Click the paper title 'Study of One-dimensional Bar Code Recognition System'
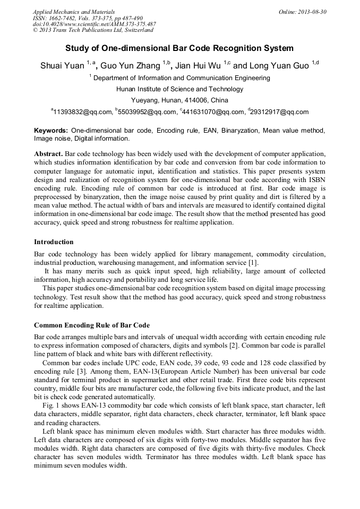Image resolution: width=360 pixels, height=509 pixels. pyautogui.click(x=179, y=48)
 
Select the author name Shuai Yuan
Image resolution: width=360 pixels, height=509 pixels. pyautogui.click(x=62, y=66)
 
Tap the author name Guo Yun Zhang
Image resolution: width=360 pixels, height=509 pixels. pyautogui.click(x=130, y=66)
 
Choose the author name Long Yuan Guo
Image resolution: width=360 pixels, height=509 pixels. pyautogui.click(x=279, y=66)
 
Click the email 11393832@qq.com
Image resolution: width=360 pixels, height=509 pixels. pyautogui.click(x=83, y=112)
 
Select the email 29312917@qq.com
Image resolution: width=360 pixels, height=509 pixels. pyautogui.click(x=279, y=112)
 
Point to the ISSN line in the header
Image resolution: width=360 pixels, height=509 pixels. pyautogui.click(x=88, y=18)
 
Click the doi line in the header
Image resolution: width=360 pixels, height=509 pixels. pyautogui.click(x=94, y=24)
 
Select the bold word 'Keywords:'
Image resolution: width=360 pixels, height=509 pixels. pyautogui.click(x=51, y=131)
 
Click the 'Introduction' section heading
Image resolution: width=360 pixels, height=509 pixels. pyautogui.click(x=54, y=242)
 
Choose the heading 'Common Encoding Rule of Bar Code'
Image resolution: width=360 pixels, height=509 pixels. pyautogui.click(x=92, y=325)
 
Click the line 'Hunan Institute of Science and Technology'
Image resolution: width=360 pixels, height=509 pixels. pyautogui.click(x=179, y=89)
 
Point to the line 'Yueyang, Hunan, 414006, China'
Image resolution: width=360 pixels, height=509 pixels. pyautogui.click(x=179, y=100)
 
